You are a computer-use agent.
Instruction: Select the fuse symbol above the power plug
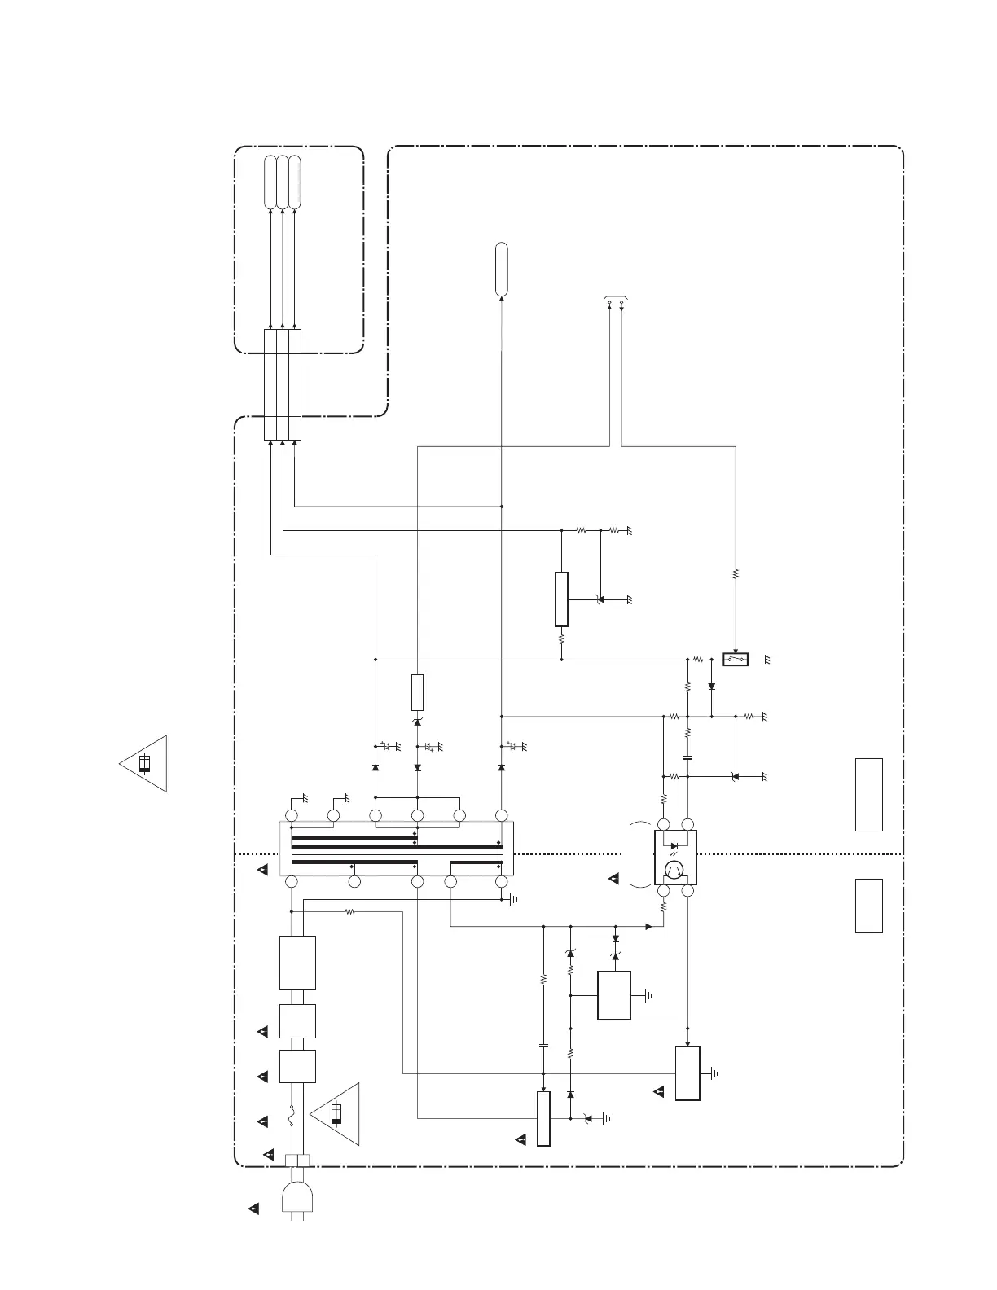pos(292,1121)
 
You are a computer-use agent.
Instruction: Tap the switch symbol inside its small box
pos(736,659)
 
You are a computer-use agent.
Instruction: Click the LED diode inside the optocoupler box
pos(674,845)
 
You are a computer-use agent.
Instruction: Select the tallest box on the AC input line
pos(297,963)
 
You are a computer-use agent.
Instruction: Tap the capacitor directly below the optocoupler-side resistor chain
pos(687,757)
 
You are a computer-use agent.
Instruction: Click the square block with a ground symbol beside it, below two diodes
pos(614,995)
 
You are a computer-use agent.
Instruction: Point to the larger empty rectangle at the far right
pos(869,794)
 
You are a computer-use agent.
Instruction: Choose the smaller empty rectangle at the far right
pos(869,906)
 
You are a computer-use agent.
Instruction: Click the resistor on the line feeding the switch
pos(736,574)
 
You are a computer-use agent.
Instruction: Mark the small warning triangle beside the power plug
pos(254,1209)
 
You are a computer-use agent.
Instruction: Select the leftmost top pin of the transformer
pos(292,815)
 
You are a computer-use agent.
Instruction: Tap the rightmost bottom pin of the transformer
pos(501,882)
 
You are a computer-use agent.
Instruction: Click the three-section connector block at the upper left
pos(283,384)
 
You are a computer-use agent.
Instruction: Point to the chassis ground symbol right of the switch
pos(766,659)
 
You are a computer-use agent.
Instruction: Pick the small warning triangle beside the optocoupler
pos(614,879)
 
